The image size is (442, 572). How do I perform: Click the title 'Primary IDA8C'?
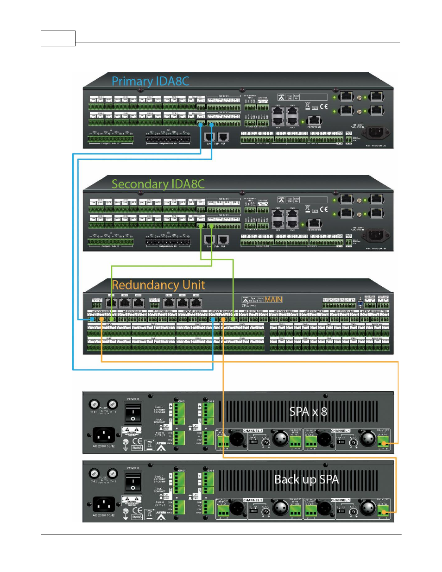[150, 81]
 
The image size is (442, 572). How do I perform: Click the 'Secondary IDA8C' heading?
[158, 184]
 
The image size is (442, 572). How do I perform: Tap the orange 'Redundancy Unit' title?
[158, 285]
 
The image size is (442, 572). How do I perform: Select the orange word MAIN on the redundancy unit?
[273, 300]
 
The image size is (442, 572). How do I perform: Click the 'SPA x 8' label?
[308, 412]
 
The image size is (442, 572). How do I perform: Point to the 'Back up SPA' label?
[306, 479]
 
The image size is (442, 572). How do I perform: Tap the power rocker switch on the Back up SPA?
[133, 482]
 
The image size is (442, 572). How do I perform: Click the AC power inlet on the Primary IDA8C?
[375, 133]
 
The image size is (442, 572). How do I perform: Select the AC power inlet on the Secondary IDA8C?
[375, 236]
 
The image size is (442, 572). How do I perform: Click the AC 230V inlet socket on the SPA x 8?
[104, 435]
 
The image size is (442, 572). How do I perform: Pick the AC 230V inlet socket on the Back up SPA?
[104, 504]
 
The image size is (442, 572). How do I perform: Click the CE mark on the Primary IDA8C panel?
[323, 107]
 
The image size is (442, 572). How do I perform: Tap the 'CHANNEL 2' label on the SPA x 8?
[253, 431]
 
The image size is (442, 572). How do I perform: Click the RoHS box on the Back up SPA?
[137, 517]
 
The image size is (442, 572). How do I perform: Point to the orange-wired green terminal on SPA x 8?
[383, 443]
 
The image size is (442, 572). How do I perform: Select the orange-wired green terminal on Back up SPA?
[383, 512]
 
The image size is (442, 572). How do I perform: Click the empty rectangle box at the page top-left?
[58, 38]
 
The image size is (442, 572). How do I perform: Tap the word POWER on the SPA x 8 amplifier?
[133, 399]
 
